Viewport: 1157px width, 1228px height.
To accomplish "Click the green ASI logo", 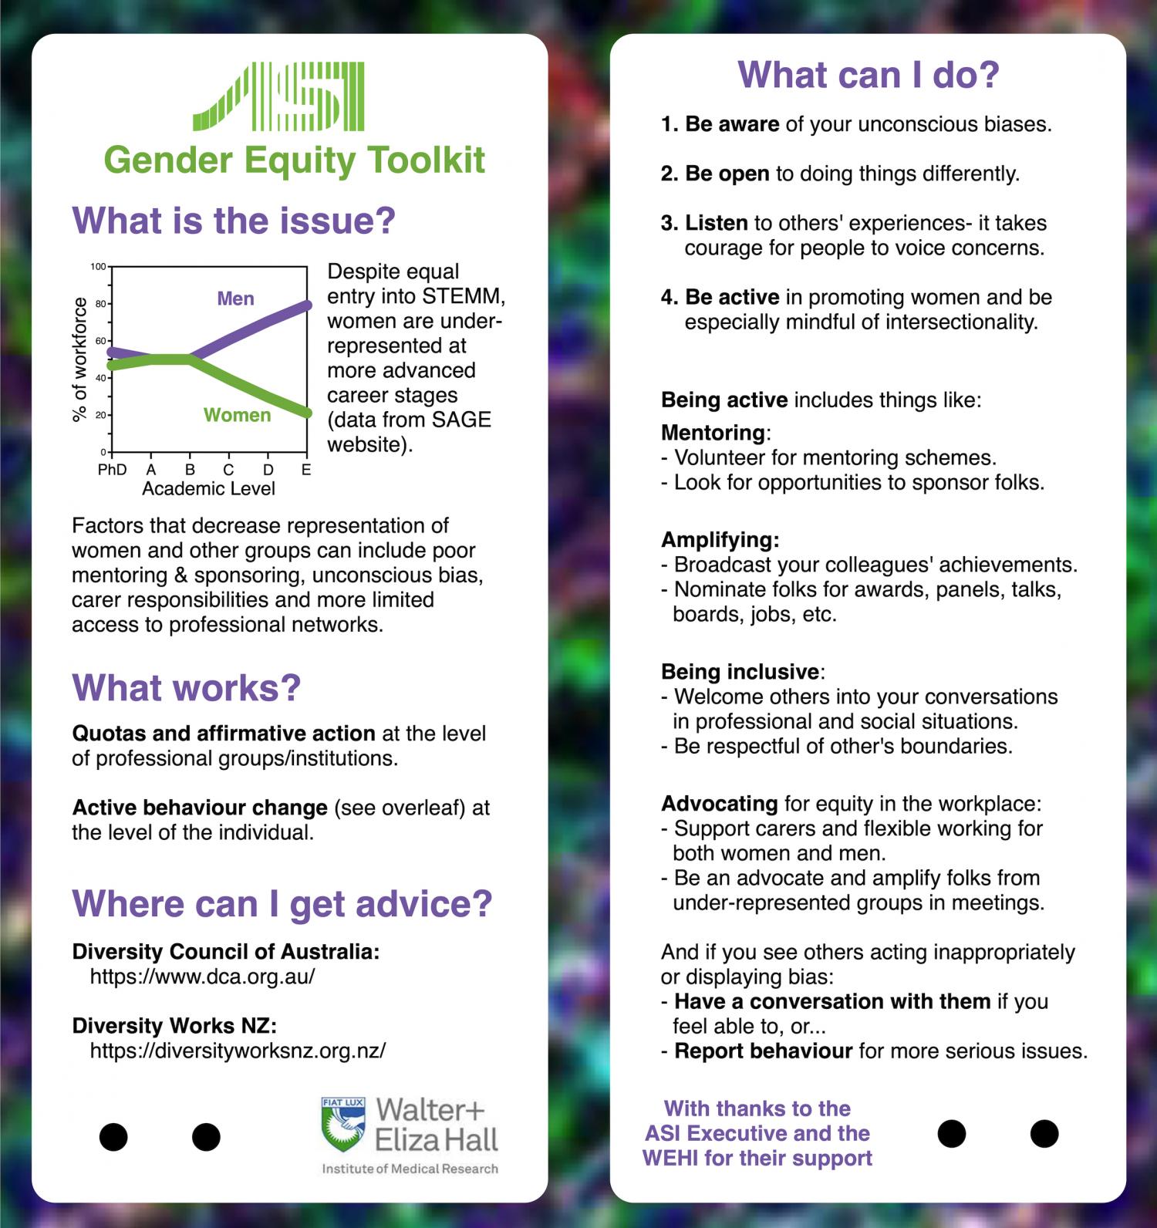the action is [x=278, y=96].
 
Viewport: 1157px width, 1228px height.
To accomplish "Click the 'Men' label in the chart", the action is [x=235, y=299].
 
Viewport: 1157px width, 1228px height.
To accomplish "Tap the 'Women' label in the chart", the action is [x=237, y=415].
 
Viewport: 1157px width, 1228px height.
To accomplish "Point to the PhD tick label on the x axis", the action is [x=112, y=469].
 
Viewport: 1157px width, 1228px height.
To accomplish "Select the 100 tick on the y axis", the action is [x=98, y=267].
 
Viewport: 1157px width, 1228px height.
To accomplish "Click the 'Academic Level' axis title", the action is [x=208, y=488].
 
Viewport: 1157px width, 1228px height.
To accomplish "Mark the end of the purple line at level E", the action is [x=306, y=305].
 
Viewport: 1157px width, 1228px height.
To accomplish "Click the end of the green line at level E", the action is [x=306, y=413].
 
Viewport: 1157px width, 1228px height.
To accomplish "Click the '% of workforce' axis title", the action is [x=79, y=360].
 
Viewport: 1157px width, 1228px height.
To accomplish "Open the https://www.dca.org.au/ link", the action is [x=203, y=977].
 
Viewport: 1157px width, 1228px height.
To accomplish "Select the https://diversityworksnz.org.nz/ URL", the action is [x=238, y=1051].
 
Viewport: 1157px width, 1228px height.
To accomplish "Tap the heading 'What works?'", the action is [x=187, y=687].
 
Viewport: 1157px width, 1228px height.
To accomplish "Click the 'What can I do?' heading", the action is [x=869, y=75].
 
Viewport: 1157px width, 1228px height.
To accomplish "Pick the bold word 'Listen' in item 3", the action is [x=717, y=223].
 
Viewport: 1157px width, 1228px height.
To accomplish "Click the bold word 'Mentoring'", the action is [x=713, y=432].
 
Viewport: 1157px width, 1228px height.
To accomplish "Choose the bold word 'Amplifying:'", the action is [x=720, y=540].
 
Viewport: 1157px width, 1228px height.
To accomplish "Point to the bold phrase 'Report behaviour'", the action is [x=764, y=1051].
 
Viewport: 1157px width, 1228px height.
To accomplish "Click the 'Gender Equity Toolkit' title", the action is [x=295, y=160].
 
